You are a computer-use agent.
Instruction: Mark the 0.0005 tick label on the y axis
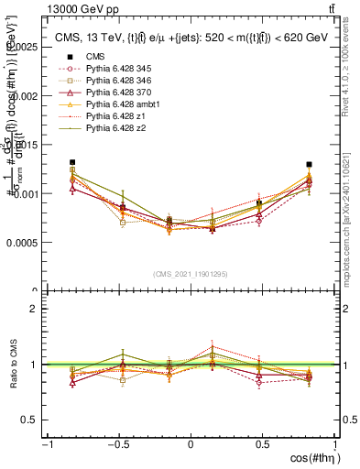coord(24,243)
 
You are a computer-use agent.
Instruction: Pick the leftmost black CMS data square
coord(72,162)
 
